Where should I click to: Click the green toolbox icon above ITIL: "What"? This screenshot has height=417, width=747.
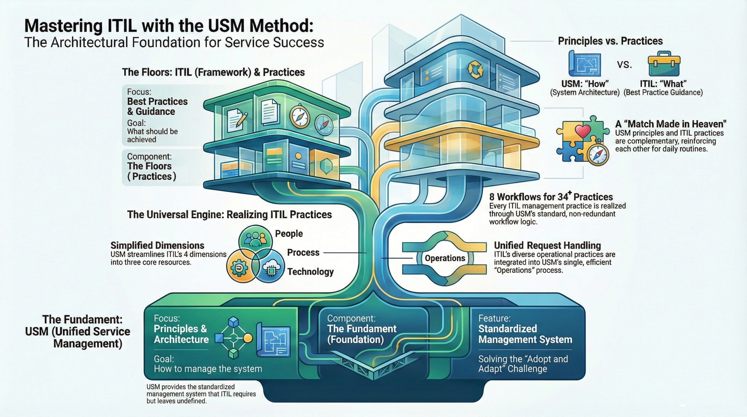click(x=664, y=64)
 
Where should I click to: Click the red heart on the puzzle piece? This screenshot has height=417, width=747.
click(x=583, y=131)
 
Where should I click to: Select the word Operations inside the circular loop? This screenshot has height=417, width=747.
click(x=445, y=258)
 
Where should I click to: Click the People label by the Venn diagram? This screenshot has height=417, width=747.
click(x=289, y=233)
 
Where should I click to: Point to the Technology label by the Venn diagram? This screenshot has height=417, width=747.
click(x=310, y=272)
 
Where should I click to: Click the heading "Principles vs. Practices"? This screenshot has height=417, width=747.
click(x=610, y=41)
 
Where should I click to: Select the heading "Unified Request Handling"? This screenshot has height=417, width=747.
click(x=547, y=245)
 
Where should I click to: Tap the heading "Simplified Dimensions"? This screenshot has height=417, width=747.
click(x=157, y=245)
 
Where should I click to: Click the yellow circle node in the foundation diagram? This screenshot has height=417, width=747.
click(x=247, y=338)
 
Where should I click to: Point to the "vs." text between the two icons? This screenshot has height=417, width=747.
click(x=624, y=64)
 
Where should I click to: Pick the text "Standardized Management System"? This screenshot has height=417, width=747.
click(x=525, y=334)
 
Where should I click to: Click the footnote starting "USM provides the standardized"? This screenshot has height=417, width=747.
click(x=201, y=394)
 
